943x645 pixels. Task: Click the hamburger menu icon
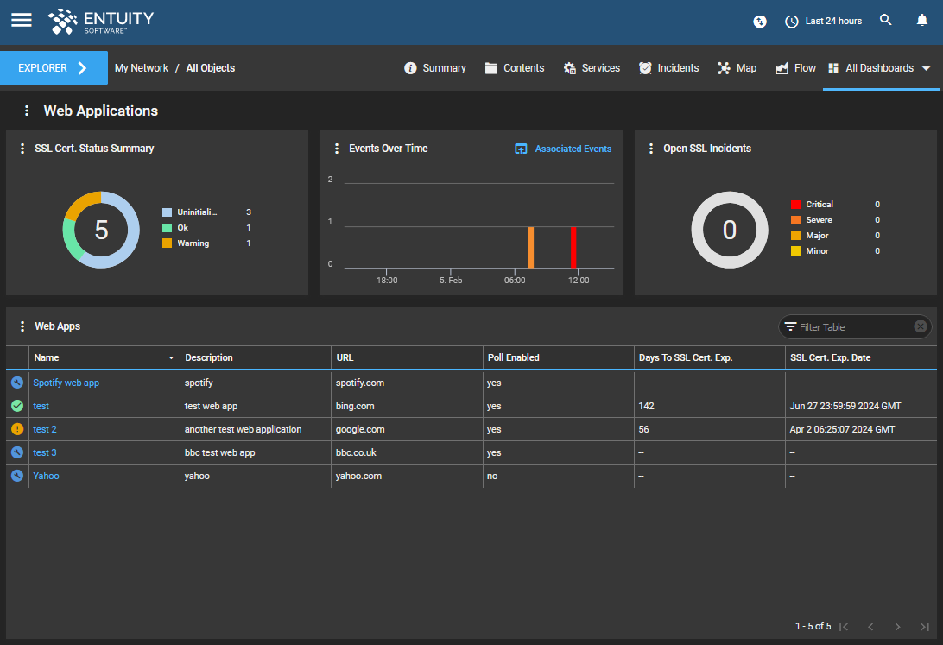[x=22, y=20]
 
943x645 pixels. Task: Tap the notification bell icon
[x=921, y=20]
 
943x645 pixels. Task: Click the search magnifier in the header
[x=885, y=20]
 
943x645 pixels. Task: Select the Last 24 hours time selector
[x=823, y=21]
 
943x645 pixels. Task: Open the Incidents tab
[x=668, y=68]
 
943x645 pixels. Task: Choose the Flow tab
[x=795, y=68]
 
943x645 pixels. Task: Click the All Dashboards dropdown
[x=879, y=68]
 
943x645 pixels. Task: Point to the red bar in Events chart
[x=573, y=248]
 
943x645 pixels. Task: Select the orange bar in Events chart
[x=531, y=248]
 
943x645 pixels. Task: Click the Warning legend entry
[x=193, y=243]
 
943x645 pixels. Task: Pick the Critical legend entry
[x=819, y=205]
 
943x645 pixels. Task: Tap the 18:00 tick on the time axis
[x=387, y=280]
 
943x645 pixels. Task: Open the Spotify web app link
[x=66, y=383]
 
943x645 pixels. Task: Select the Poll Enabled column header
[x=514, y=357]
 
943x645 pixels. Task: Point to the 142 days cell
[x=647, y=406]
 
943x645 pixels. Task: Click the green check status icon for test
[x=17, y=406]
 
